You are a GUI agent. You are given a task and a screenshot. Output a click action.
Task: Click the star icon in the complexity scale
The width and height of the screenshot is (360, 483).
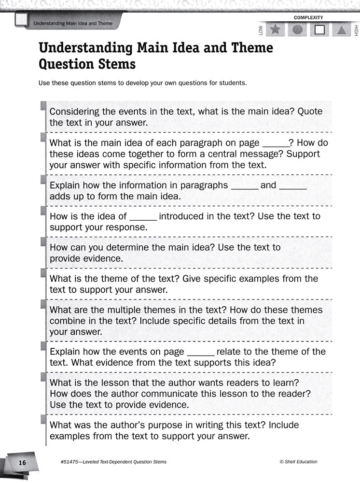pos(276,29)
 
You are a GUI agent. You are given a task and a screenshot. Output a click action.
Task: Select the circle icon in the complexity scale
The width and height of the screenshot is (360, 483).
pos(298,29)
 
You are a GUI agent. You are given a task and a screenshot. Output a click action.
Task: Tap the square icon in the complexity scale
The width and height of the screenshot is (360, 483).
pos(319,30)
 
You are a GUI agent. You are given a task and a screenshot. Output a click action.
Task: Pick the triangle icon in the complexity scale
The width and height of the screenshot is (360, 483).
pos(342,30)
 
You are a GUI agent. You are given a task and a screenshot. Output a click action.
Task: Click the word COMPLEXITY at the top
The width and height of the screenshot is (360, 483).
pos(308,18)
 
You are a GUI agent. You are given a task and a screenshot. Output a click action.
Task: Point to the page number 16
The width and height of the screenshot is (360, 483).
pos(22,462)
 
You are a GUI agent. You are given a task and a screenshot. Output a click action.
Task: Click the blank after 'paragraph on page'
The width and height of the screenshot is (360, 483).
pos(275,143)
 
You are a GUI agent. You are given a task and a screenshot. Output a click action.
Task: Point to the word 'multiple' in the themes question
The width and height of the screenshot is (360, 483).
pos(123,310)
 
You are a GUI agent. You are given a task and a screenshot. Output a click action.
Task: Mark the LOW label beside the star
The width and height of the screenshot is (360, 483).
pos(261,30)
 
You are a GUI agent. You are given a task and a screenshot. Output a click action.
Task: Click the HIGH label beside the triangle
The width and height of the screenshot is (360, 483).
pos(356,30)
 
